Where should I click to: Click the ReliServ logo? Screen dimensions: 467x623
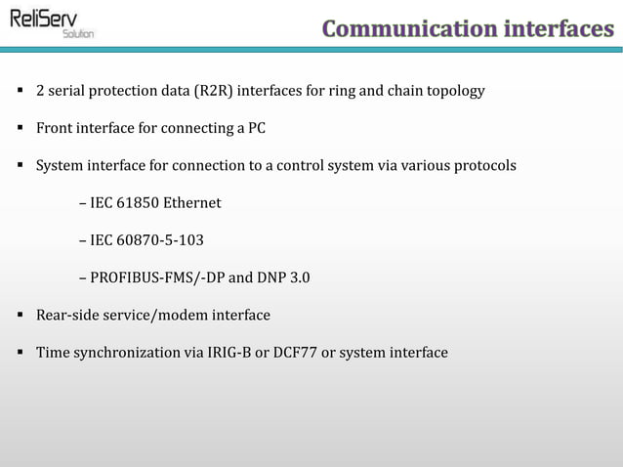(x=49, y=21)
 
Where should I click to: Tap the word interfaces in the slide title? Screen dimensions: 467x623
(x=558, y=29)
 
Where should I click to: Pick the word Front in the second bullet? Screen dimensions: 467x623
(x=55, y=129)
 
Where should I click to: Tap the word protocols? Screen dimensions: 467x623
(x=482, y=166)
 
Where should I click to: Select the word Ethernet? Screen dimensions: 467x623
(x=191, y=203)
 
